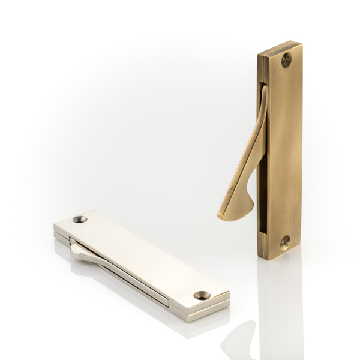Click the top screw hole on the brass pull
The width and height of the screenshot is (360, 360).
(x=286, y=59)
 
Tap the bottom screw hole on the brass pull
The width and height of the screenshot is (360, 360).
(x=284, y=242)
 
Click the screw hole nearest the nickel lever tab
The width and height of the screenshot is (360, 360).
(x=80, y=219)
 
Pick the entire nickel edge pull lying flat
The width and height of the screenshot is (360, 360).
(x=141, y=264)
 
